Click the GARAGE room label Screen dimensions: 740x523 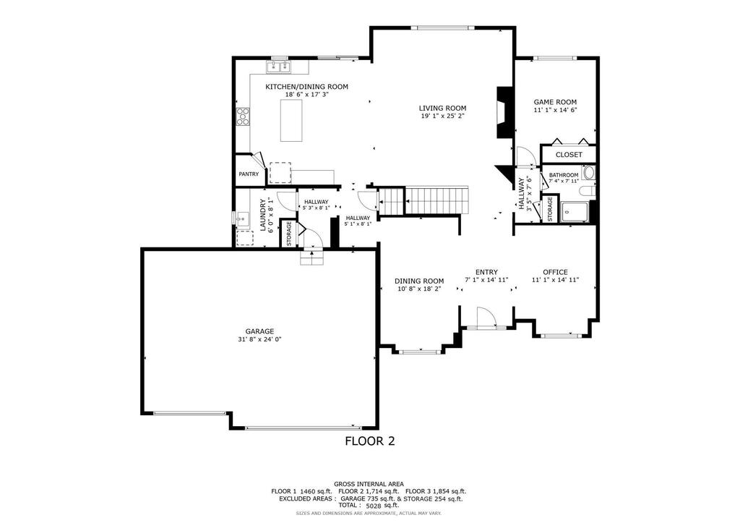(x=259, y=331)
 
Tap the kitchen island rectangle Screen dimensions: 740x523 (x=291, y=121)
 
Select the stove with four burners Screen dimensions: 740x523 (x=243, y=116)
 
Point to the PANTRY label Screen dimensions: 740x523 (x=249, y=174)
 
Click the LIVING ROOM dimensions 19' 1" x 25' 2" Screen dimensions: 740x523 (x=443, y=115)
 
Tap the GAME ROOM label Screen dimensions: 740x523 (x=555, y=101)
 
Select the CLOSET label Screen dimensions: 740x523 (x=569, y=155)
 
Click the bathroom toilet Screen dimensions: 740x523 (x=588, y=191)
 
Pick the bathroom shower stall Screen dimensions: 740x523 (x=575, y=212)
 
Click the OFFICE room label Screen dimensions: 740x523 (x=555, y=272)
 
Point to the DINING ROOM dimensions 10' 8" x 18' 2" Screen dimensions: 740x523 (x=419, y=288)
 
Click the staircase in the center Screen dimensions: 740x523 (x=423, y=201)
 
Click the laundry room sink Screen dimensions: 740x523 (x=242, y=220)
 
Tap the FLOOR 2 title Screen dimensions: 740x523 (x=370, y=441)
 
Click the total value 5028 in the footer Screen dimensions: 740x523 (x=374, y=505)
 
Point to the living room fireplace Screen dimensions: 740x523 (x=503, y=112)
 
